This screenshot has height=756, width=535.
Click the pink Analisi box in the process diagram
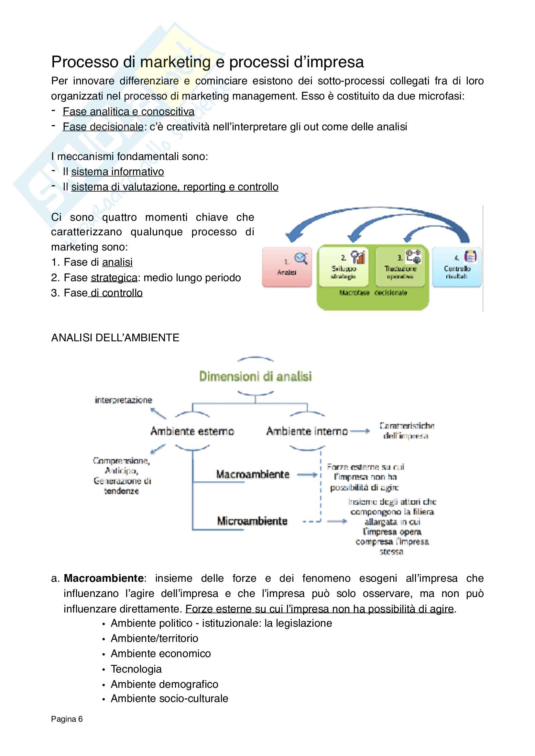click(x=287, y=267)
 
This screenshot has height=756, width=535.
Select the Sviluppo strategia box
click(x=344, y=267)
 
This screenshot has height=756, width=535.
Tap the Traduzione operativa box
click(x=400, y=267)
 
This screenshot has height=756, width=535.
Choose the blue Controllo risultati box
click(x=457, y=267)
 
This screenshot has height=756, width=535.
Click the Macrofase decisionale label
click(x=373, y=293)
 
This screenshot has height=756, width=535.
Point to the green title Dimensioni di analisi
click(x=255, y=376)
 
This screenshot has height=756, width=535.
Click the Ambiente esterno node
click(x=192, y=431)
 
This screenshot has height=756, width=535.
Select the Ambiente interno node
click(x=307, y=431)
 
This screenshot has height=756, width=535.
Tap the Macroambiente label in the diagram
click(x=253, y=474)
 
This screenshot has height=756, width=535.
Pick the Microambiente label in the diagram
click(x=252, y=521)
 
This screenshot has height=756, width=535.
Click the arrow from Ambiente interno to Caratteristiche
click(x=360, y=431)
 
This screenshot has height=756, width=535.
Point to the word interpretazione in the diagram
click(x=124, y=400)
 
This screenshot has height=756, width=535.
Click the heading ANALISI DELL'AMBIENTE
click(x=115, y=338)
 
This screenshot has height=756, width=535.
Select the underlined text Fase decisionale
click(x=103, y=127)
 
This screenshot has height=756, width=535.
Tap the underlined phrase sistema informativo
click(x=118, y=172)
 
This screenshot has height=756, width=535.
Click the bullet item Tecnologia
click(x=136, y=669)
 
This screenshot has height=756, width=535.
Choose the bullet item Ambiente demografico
click(x=164, y=684)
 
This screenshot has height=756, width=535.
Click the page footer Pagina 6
click(x=67, y=719)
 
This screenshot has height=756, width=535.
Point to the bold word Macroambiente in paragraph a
click(x=104, y=578)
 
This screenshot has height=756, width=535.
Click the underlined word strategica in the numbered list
click(x=114, y=278)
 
